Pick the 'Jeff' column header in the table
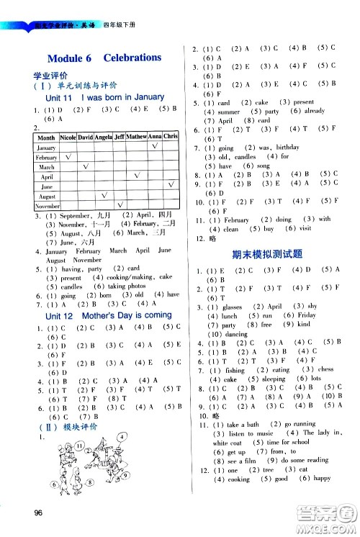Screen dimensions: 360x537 coord(120,136)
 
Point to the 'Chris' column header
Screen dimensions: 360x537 coord(171,136)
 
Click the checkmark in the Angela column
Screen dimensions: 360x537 coord(104,195)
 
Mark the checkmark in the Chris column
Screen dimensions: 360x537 coord(171,186)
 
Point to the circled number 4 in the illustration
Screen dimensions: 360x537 coord(123,457)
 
